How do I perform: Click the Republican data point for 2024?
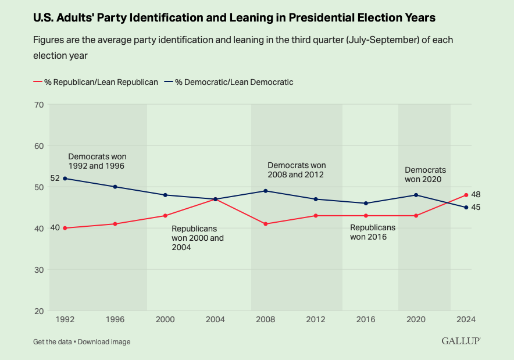tap(466, 195)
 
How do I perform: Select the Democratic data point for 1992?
tap(65, 179)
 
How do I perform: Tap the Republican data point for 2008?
tap(266, 224)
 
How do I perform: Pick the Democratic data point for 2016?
tap(366, 203)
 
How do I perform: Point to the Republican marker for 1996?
tap(115, 224)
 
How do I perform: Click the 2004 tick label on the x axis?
tap(215, 319)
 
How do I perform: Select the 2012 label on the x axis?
tap(316, 319)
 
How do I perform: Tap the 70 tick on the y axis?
tap(39, 105)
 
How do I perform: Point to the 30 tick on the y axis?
tap(39, 270)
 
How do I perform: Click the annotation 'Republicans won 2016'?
tap(372, 232)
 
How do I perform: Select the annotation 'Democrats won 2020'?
tap(425, 174)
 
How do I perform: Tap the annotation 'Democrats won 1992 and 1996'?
tap(97, 161)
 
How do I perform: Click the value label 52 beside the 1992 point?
tap(55, 178)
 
